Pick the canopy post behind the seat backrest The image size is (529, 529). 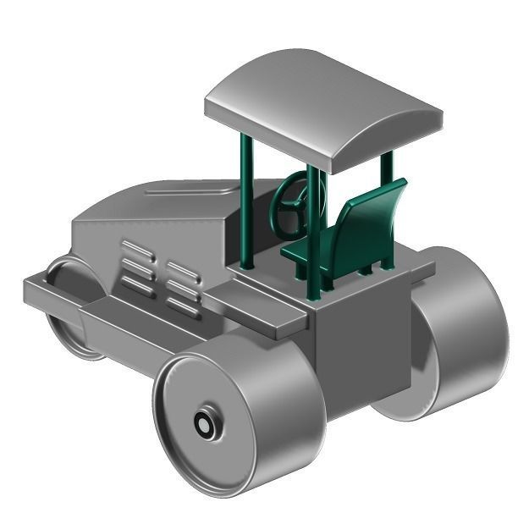387,212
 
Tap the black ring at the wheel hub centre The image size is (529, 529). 204,423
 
